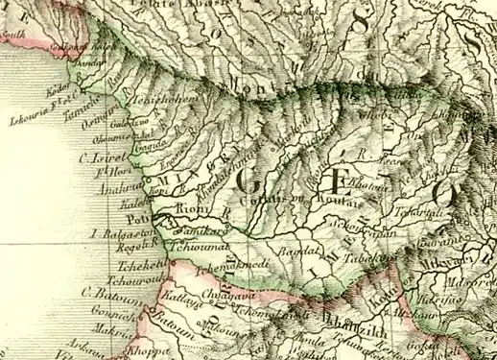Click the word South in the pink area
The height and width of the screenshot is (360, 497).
point(12,36)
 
